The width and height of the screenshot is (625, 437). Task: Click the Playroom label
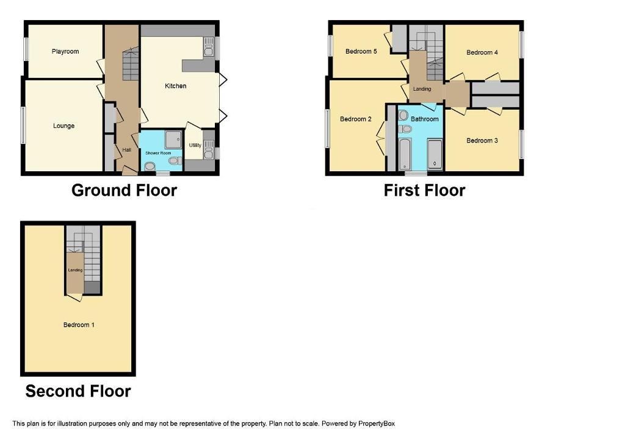coord(65,51)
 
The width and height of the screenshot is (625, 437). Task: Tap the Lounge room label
coord(63,126)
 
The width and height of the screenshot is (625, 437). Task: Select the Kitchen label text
coord(175,86)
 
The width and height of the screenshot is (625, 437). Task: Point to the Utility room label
coord(195,145)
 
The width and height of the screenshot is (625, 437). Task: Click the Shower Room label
coord(158,153)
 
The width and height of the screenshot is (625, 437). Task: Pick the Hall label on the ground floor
coord(127,150)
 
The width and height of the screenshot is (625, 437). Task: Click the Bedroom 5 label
coord(361,51)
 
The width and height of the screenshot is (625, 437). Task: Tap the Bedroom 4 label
coord(482,52)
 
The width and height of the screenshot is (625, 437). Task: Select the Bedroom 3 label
coord(482,141)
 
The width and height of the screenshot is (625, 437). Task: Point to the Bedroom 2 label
coord(356,119)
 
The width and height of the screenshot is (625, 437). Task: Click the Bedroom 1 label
coord(79,325)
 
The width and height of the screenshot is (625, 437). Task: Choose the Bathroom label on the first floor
coord(425,119)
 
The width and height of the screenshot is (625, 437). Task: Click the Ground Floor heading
coord(124,190)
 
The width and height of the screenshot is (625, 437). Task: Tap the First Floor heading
coord(424,190)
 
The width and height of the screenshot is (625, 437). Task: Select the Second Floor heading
coord(78,391)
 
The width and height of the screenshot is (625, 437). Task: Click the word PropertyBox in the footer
coord(376,424)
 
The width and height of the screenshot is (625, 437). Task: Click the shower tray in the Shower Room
coord(173,138)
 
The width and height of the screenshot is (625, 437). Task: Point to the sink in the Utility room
coord(209,149)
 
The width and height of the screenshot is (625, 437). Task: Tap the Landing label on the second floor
coord(75,270)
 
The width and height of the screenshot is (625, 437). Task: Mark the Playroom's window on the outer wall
coord(26,49)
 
